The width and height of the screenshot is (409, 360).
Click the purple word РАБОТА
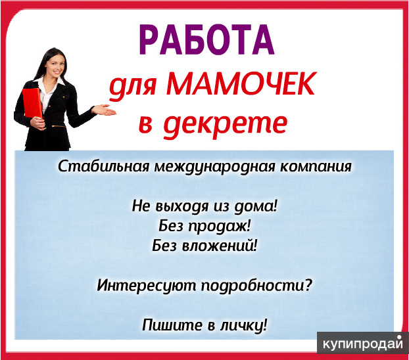tap(206, 39)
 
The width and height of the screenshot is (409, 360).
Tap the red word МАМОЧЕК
tap(241, 84)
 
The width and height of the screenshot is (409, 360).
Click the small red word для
tap(133, 87)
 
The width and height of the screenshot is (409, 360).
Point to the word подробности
tap(253, 286)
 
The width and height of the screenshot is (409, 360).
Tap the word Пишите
tap(172, 325)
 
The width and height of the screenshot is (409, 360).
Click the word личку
tap(241, 326)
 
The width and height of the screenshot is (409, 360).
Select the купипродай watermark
tap(363, 344)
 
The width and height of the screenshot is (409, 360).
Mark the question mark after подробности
tap(308, 284)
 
